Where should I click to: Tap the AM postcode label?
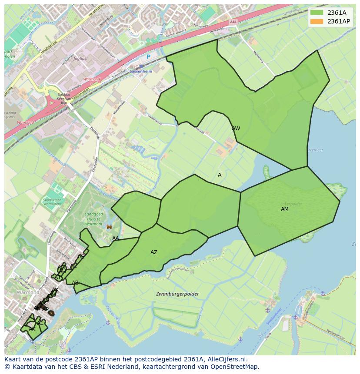point(285,209)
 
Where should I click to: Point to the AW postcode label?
point(236,129)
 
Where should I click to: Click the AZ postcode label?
point(154,252)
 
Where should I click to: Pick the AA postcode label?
point(116,238)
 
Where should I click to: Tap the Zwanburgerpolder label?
point(177,294)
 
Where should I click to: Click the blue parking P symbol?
point(148,56)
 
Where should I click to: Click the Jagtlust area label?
point(80,58)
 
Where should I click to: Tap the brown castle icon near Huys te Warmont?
point(109,226)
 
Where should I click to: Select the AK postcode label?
point(32,329)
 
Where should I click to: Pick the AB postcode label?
point(75,283)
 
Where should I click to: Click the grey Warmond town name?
point(28,293)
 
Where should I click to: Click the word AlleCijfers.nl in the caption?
point(226,359)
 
